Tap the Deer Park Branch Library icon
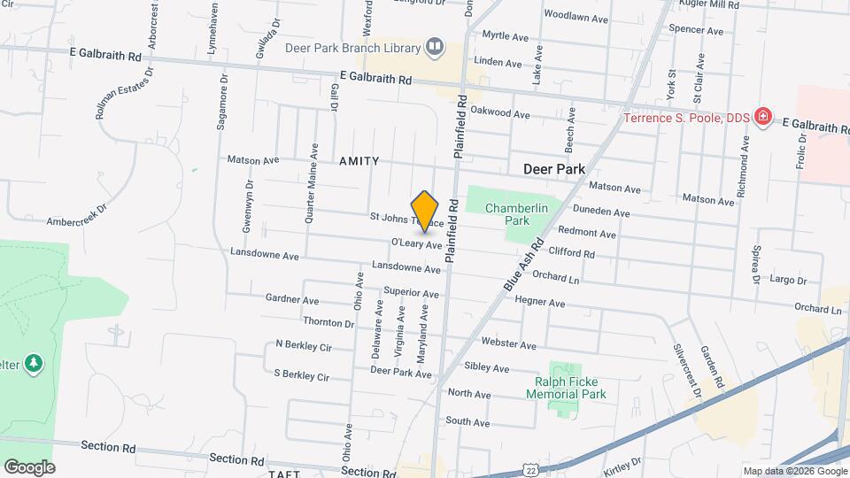(434, 46)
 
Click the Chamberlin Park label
(507, 213)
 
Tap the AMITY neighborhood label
(359, 161)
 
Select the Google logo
(29, 467)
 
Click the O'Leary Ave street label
(416, 243)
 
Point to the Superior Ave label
(411, 293)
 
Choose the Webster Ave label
(508, 344)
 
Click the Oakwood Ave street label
(500, 113)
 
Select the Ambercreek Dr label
(76, 215)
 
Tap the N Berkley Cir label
(303, 344)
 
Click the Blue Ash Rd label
(523, 265)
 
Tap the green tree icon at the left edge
(33, 364)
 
